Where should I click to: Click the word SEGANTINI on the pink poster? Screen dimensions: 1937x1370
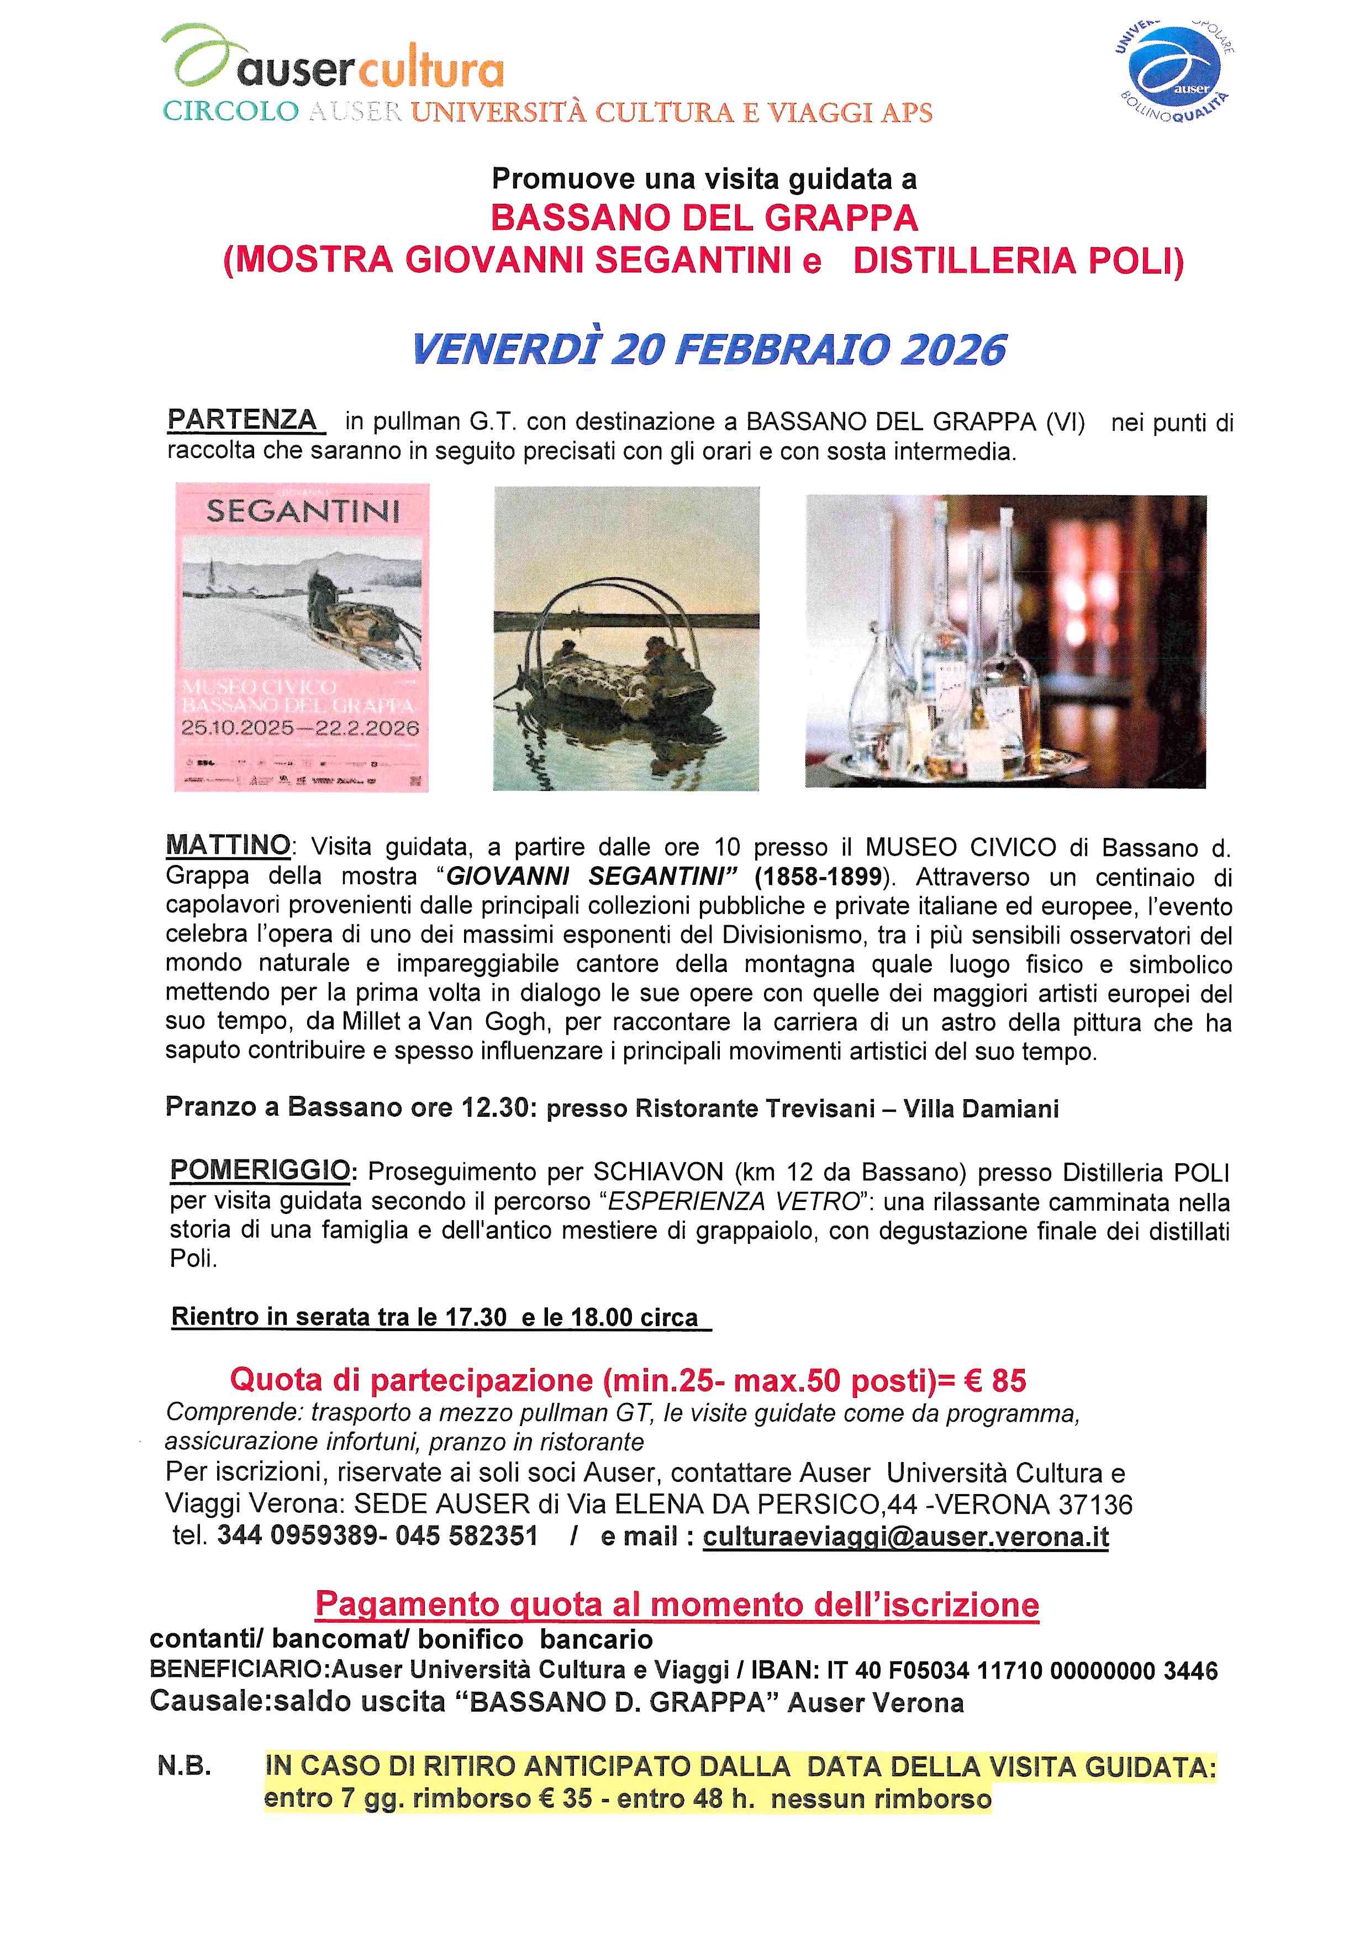point(303,511)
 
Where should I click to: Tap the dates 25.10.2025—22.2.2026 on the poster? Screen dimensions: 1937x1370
point(301,728)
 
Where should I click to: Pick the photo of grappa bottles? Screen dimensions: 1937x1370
point(1005,641)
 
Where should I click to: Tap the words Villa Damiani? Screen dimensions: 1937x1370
point(981,1109)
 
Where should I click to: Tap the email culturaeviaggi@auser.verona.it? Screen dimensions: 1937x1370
point(906,1536)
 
